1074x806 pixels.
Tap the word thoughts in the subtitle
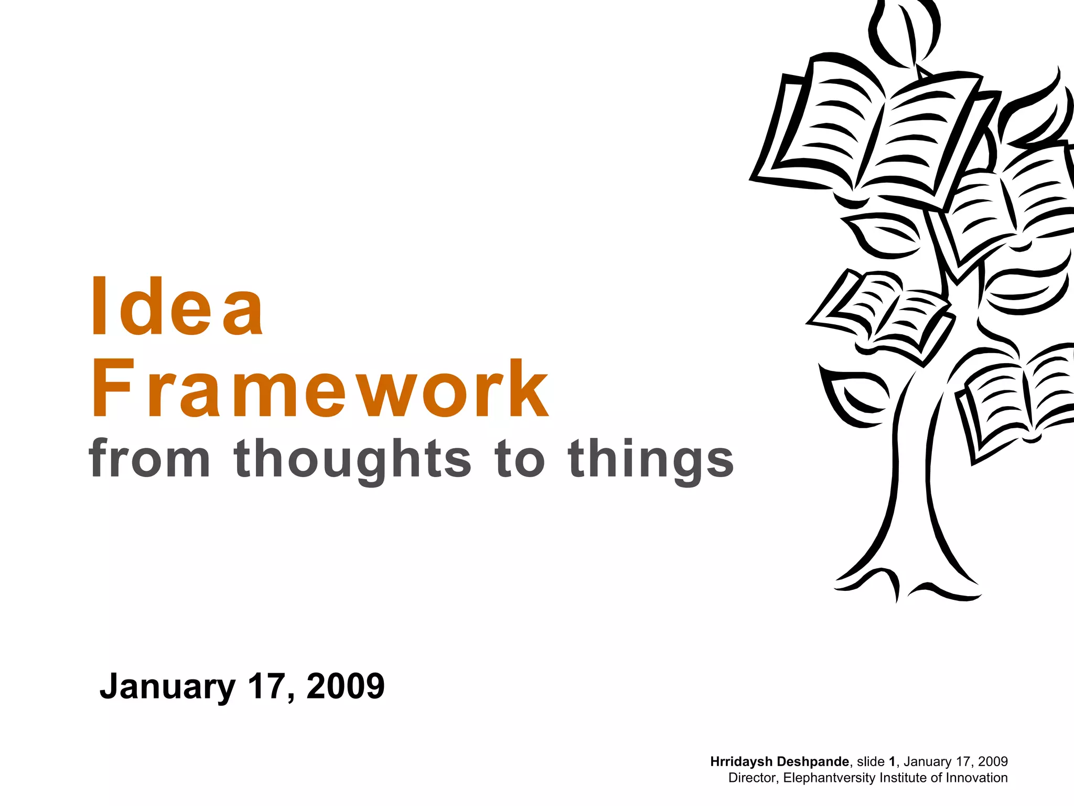(x=353, y=460)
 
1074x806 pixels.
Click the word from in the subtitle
(x=150, y=459)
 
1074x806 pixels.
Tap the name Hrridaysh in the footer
(x=742, y=761)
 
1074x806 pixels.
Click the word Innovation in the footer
(x=976, y=778)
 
